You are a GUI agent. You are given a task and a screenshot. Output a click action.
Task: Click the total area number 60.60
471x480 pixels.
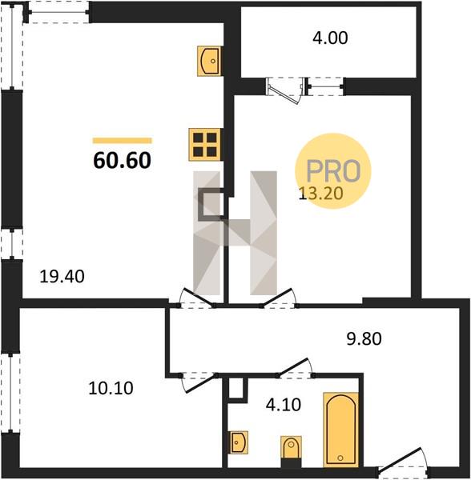(x=122, y=161)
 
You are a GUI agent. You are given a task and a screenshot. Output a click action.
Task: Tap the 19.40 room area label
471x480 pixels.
(x=62, y=277)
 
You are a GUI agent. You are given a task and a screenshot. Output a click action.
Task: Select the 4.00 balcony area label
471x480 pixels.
(x=330, y=38)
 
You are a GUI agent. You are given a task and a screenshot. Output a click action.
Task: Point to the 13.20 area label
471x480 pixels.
(x=320, y=194)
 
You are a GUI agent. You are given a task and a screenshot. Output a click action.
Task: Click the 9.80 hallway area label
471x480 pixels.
(x=364, y=339)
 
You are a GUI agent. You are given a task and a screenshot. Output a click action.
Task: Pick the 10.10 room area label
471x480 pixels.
(x=111, y=388)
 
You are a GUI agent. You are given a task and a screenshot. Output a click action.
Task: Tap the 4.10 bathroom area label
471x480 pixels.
(x=284, y=405)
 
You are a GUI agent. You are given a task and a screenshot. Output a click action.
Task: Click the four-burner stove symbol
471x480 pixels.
(x=204, y=145)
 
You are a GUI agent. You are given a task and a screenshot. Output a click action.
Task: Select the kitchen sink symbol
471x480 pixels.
(x=209, y=61)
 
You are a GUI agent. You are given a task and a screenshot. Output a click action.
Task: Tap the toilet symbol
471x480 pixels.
(x=291, y=451)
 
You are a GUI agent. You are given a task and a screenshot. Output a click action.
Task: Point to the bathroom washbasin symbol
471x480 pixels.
(x=239, y=442)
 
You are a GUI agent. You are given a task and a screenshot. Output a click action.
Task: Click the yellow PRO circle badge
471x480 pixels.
(x=333, y=171)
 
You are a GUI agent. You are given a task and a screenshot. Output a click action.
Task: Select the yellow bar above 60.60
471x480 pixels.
(x=123, y=141)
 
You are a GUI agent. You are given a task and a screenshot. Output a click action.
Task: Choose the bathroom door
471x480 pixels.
(x=295, y=368)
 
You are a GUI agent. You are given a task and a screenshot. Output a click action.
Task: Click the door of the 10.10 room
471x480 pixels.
(x=199, y=382)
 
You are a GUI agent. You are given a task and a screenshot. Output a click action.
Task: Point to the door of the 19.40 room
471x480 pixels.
(x=196, y=298)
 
